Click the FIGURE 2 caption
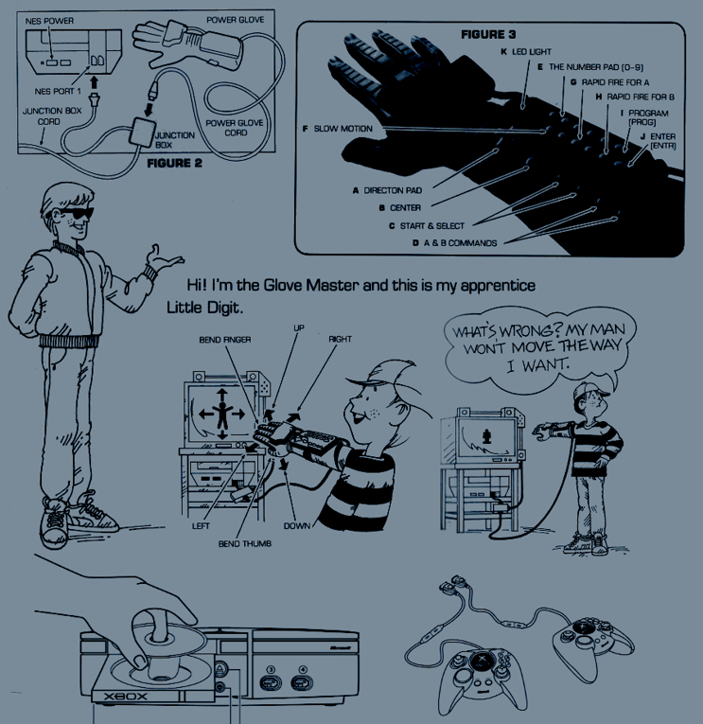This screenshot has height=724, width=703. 174,163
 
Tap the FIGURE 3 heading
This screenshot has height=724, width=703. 488,34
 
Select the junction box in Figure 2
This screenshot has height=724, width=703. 142,132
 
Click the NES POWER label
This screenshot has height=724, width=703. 49,21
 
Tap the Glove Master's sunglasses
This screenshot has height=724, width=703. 76,214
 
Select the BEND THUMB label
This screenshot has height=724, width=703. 245,544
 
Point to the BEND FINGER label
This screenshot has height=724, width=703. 225,340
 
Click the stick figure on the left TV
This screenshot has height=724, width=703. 222,415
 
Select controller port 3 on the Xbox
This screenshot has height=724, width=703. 272,680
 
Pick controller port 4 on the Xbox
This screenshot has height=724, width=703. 303,680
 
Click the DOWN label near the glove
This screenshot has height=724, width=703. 297,526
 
